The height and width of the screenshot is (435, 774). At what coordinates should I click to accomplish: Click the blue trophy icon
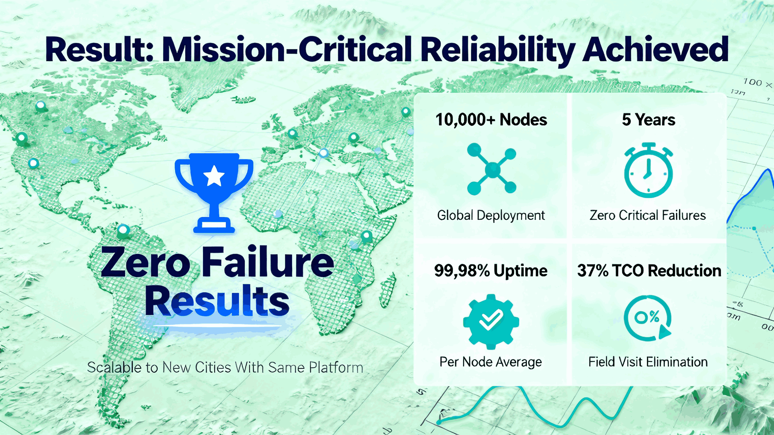[214, 192]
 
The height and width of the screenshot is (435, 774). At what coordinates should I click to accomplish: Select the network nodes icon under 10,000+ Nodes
[492, 169]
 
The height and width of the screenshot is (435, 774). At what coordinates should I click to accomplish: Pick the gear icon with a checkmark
[491, 321]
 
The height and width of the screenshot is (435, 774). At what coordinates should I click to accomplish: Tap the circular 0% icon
[647, 319]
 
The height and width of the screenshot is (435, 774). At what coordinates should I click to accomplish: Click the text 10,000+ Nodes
[491, 120]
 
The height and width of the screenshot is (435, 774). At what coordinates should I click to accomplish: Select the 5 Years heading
[648, 120]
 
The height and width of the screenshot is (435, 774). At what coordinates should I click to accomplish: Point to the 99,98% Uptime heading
[491, 271]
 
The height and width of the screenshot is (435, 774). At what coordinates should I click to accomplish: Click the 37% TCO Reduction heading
[649, 271]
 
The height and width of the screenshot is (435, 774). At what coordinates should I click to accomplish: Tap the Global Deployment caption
[491, 215]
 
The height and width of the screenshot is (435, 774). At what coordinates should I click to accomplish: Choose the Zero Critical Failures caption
[648, 215]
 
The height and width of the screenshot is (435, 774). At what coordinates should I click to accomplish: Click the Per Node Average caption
[491, 362]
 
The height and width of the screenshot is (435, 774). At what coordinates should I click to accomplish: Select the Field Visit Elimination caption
[648, 362]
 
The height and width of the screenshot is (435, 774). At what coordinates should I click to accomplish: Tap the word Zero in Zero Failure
[146, 262]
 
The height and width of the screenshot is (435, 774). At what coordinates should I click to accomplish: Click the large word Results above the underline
[217, 300]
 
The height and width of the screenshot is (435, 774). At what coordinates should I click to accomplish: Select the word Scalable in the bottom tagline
[114, 367]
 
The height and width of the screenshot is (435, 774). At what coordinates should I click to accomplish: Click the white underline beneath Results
[217, 325]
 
